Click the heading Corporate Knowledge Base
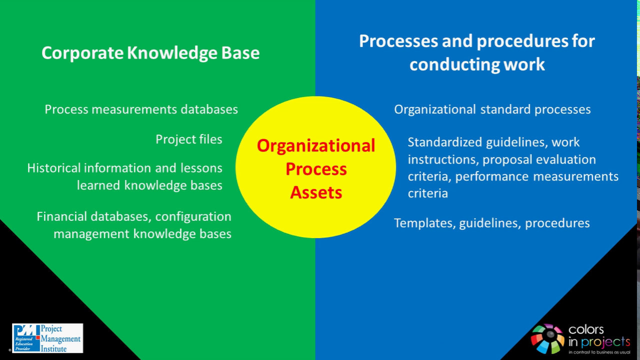tap(150, 53)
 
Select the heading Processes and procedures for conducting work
tap(477, 52)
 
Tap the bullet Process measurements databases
tap(141, 109)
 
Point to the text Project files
tap(188, 139)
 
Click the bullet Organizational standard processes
tap(492, 109)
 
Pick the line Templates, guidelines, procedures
tap(491, 222)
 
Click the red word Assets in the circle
tap(316, 192)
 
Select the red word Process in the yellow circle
tap(316, 169)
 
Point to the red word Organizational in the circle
tap(316, 145)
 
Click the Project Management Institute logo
tap(47, 338)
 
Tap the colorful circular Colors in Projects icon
tap(547, 338)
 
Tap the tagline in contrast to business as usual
tap(599, 352)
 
